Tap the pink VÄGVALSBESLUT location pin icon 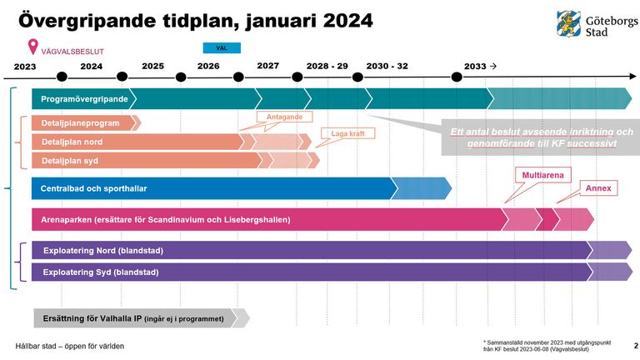[x=32, y=47]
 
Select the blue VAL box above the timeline [x=222, y=48]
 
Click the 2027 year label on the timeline [x=267, y=65]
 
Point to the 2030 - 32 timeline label [x=387, y=65]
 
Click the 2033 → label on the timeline [x=480, y=65]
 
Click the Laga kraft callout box [x=342, y=133]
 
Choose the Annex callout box [x=598, y=187]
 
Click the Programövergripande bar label [x=84, y=99]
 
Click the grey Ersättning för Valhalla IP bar [x=133, y=318]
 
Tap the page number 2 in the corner [x=635, y=344]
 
